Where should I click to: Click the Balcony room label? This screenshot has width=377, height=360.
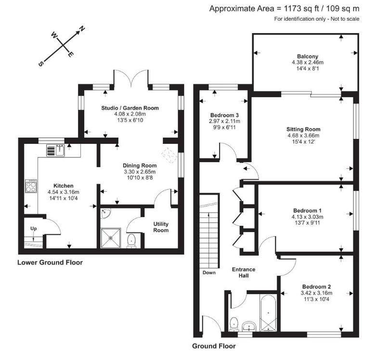click(x=308, y=56)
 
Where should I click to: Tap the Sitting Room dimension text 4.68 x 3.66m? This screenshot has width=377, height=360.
click(x=303, y=136)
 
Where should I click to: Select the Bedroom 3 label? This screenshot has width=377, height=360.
click(x=224, y=115)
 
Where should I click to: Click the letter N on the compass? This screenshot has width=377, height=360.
click(x=82, y=29)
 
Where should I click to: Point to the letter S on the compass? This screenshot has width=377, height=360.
click(x=41, y=64)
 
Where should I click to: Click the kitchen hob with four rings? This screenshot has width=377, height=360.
click(x=31, y=186)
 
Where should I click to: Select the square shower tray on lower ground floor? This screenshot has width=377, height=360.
click(x=111, y=238)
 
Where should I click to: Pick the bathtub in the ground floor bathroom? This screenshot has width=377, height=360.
click(x=268, y=313)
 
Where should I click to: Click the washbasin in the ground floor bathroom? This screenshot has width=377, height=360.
click(x=249, y=326)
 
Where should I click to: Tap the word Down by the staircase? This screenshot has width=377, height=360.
click(x=209, y=272)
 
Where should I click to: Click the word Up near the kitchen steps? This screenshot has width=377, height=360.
click(x=33, y=229)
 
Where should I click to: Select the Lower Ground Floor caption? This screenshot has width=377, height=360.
click(x=50, y=262)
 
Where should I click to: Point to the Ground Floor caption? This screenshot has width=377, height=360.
click(x=214, y=346)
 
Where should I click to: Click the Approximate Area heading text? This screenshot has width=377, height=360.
click(x=284, y=9)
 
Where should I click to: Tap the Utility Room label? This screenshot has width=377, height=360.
click(x=161, y=227)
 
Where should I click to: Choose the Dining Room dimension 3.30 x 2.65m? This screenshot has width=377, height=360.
click(x=140, y=172)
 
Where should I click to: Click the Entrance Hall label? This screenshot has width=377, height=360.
click(x=244, y=272)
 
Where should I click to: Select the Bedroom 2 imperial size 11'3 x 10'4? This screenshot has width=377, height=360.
click(x=316, y=299)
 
